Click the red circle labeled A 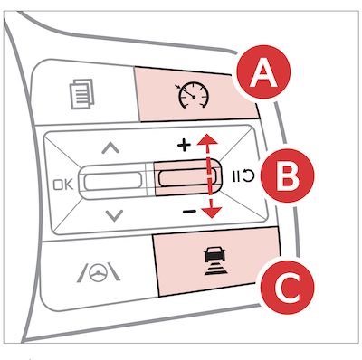tap(263, 71)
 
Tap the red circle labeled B tap(287, 175)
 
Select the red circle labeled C tap(287, 286)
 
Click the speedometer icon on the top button tap(192, 95)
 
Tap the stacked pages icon tap(81, 94)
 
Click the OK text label tap(63, 185)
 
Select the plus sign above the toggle tap(184, 146)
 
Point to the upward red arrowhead tap(207, 139)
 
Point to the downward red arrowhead tap(211, 213)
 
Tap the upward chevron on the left tap(110, 147)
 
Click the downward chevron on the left tap(115, 215)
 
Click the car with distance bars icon tap(214, 261)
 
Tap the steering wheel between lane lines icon tap(99, 273)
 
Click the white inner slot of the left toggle tap(113, 182)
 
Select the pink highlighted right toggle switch tap(187, 176)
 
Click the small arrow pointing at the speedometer tap(177, 87)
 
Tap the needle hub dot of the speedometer tap(194, 97)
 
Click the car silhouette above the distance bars tap(214, 254)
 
